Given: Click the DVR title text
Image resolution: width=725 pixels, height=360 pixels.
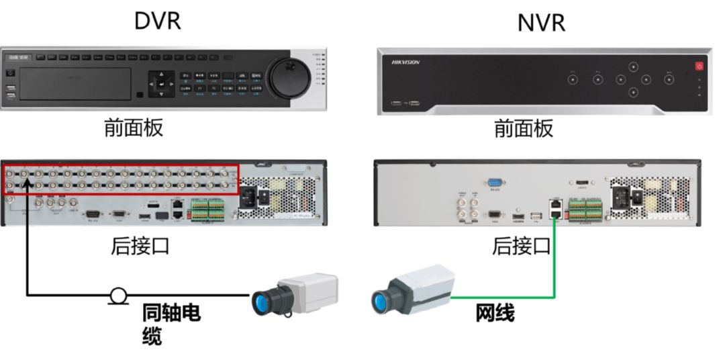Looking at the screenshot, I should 158,20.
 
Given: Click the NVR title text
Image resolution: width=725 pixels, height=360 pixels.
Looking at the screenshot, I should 541,22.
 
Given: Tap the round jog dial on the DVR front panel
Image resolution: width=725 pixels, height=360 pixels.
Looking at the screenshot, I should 290,77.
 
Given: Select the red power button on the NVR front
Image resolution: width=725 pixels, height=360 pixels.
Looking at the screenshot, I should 699,66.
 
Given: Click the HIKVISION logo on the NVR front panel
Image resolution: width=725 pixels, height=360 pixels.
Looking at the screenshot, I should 405,62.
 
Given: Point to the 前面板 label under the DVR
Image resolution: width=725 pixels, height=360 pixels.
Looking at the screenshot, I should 134,127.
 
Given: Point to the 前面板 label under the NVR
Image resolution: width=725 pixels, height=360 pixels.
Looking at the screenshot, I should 524,128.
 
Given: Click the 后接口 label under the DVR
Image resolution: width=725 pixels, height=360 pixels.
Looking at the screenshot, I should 140,246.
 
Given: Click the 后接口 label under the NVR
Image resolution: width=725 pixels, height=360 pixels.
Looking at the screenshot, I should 522,246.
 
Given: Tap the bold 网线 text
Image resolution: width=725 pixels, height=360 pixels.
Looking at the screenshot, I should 495,312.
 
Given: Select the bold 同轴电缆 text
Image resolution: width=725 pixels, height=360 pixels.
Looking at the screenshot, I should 171,323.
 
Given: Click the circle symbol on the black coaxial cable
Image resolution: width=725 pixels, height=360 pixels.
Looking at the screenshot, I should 119,294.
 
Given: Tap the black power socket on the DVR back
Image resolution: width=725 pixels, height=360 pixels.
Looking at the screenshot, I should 260,195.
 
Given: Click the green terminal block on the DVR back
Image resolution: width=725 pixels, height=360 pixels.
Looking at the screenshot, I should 207,210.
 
